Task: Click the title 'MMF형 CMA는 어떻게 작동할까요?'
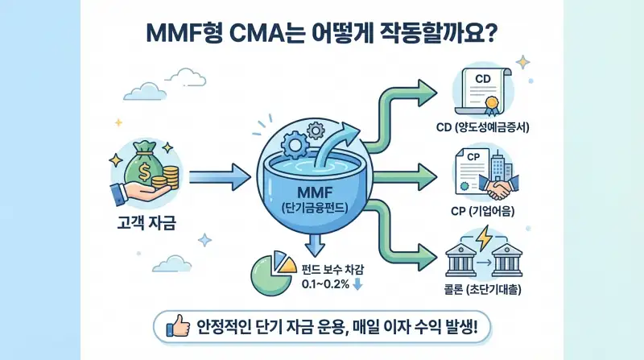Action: tap(322, 34)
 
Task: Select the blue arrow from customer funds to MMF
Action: tap(217, 172)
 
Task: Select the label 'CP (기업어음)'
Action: tap(489, 212)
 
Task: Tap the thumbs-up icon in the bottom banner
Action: tap(176, 326)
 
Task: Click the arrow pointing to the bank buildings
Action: tap(411, 253)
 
